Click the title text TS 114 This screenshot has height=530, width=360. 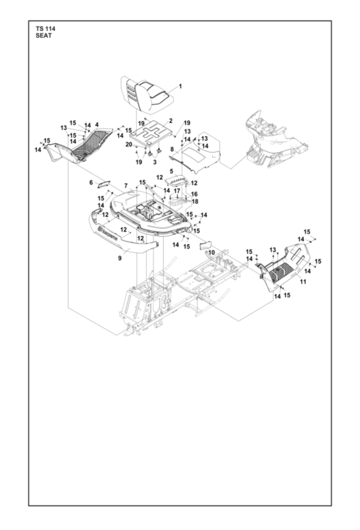coord(45,28)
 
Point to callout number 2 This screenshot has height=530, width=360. coord(171,121)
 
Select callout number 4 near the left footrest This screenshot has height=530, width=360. coord(96,125)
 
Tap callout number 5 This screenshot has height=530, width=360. coord(171,170)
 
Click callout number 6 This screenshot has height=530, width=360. coord(91,182)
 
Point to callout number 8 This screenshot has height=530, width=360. coord(172,149)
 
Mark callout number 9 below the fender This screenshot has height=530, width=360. coord(119,258)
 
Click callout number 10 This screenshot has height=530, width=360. coord(212,252)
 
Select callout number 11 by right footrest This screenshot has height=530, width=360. coord(303,282)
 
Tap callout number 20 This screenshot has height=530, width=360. coord(128,144)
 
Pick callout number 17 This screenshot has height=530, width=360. coord(177,191)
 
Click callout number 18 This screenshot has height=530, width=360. coord(195,201)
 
